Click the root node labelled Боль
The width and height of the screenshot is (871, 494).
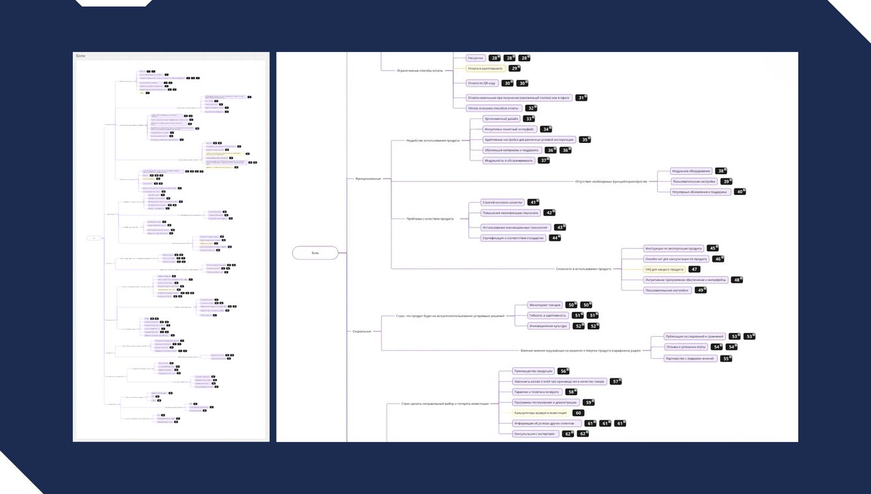315,253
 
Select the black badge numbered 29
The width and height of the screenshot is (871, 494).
513,68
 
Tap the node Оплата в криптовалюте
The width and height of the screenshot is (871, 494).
485,68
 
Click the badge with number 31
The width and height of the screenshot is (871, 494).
581,97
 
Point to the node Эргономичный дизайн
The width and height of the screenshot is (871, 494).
500,119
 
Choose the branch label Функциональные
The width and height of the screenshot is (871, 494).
368,178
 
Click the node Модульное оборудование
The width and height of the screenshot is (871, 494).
691,171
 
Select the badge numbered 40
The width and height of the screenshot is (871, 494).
739,192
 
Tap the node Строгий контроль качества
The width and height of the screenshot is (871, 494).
502,202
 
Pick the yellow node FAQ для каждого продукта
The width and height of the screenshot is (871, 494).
664,269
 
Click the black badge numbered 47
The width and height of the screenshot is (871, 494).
695,269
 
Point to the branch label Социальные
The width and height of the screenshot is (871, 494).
362,331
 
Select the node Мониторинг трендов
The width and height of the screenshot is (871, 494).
545,305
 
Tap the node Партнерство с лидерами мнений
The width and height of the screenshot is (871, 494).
689,358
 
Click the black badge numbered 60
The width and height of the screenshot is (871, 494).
577,413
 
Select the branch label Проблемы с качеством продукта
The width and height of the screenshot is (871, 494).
430,218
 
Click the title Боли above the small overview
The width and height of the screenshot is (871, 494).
81,56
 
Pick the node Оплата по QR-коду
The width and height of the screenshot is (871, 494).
482,83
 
